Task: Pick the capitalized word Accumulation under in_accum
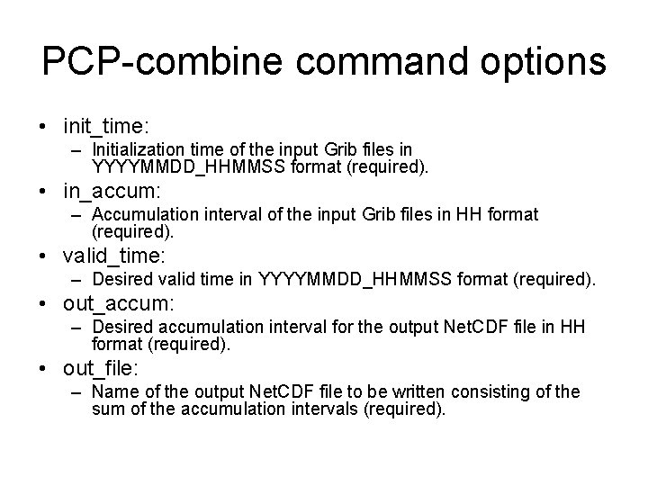coord(144,215)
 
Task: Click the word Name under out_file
coord(113,392)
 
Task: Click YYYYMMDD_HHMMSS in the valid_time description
coord(356,281)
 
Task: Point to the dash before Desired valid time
coord(79,281)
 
